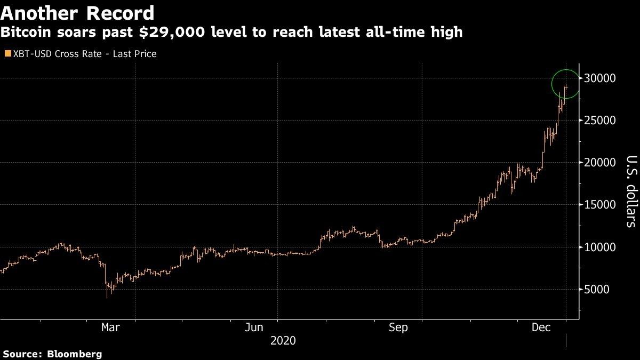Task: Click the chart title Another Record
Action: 78,13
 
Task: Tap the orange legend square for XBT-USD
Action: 7,54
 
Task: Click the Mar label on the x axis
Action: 110,327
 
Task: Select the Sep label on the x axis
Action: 398,327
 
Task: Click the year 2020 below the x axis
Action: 283,340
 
